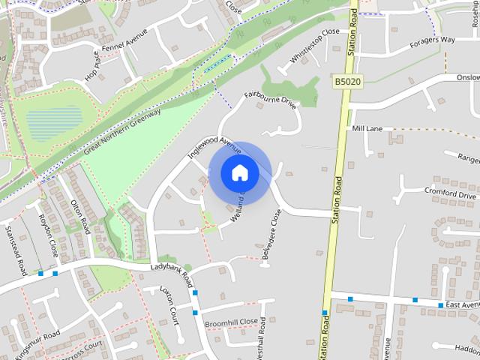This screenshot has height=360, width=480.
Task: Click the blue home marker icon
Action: pyautogui.click(x=239, y=172)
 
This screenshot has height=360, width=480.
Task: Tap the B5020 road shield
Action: pyautogui.click(x=348, y=81)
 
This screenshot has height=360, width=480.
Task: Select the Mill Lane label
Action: pyautogui.click(x=367, y=129)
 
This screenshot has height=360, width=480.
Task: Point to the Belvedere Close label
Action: pyautogui.click(x=271, y=235)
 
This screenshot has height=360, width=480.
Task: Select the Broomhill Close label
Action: pyautogui.click(x=231, y=322)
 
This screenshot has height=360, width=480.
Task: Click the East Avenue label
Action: pyautogui.click(x=462, y=305)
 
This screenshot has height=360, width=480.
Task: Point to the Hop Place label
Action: pyautogui.click(x=92, y=66)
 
